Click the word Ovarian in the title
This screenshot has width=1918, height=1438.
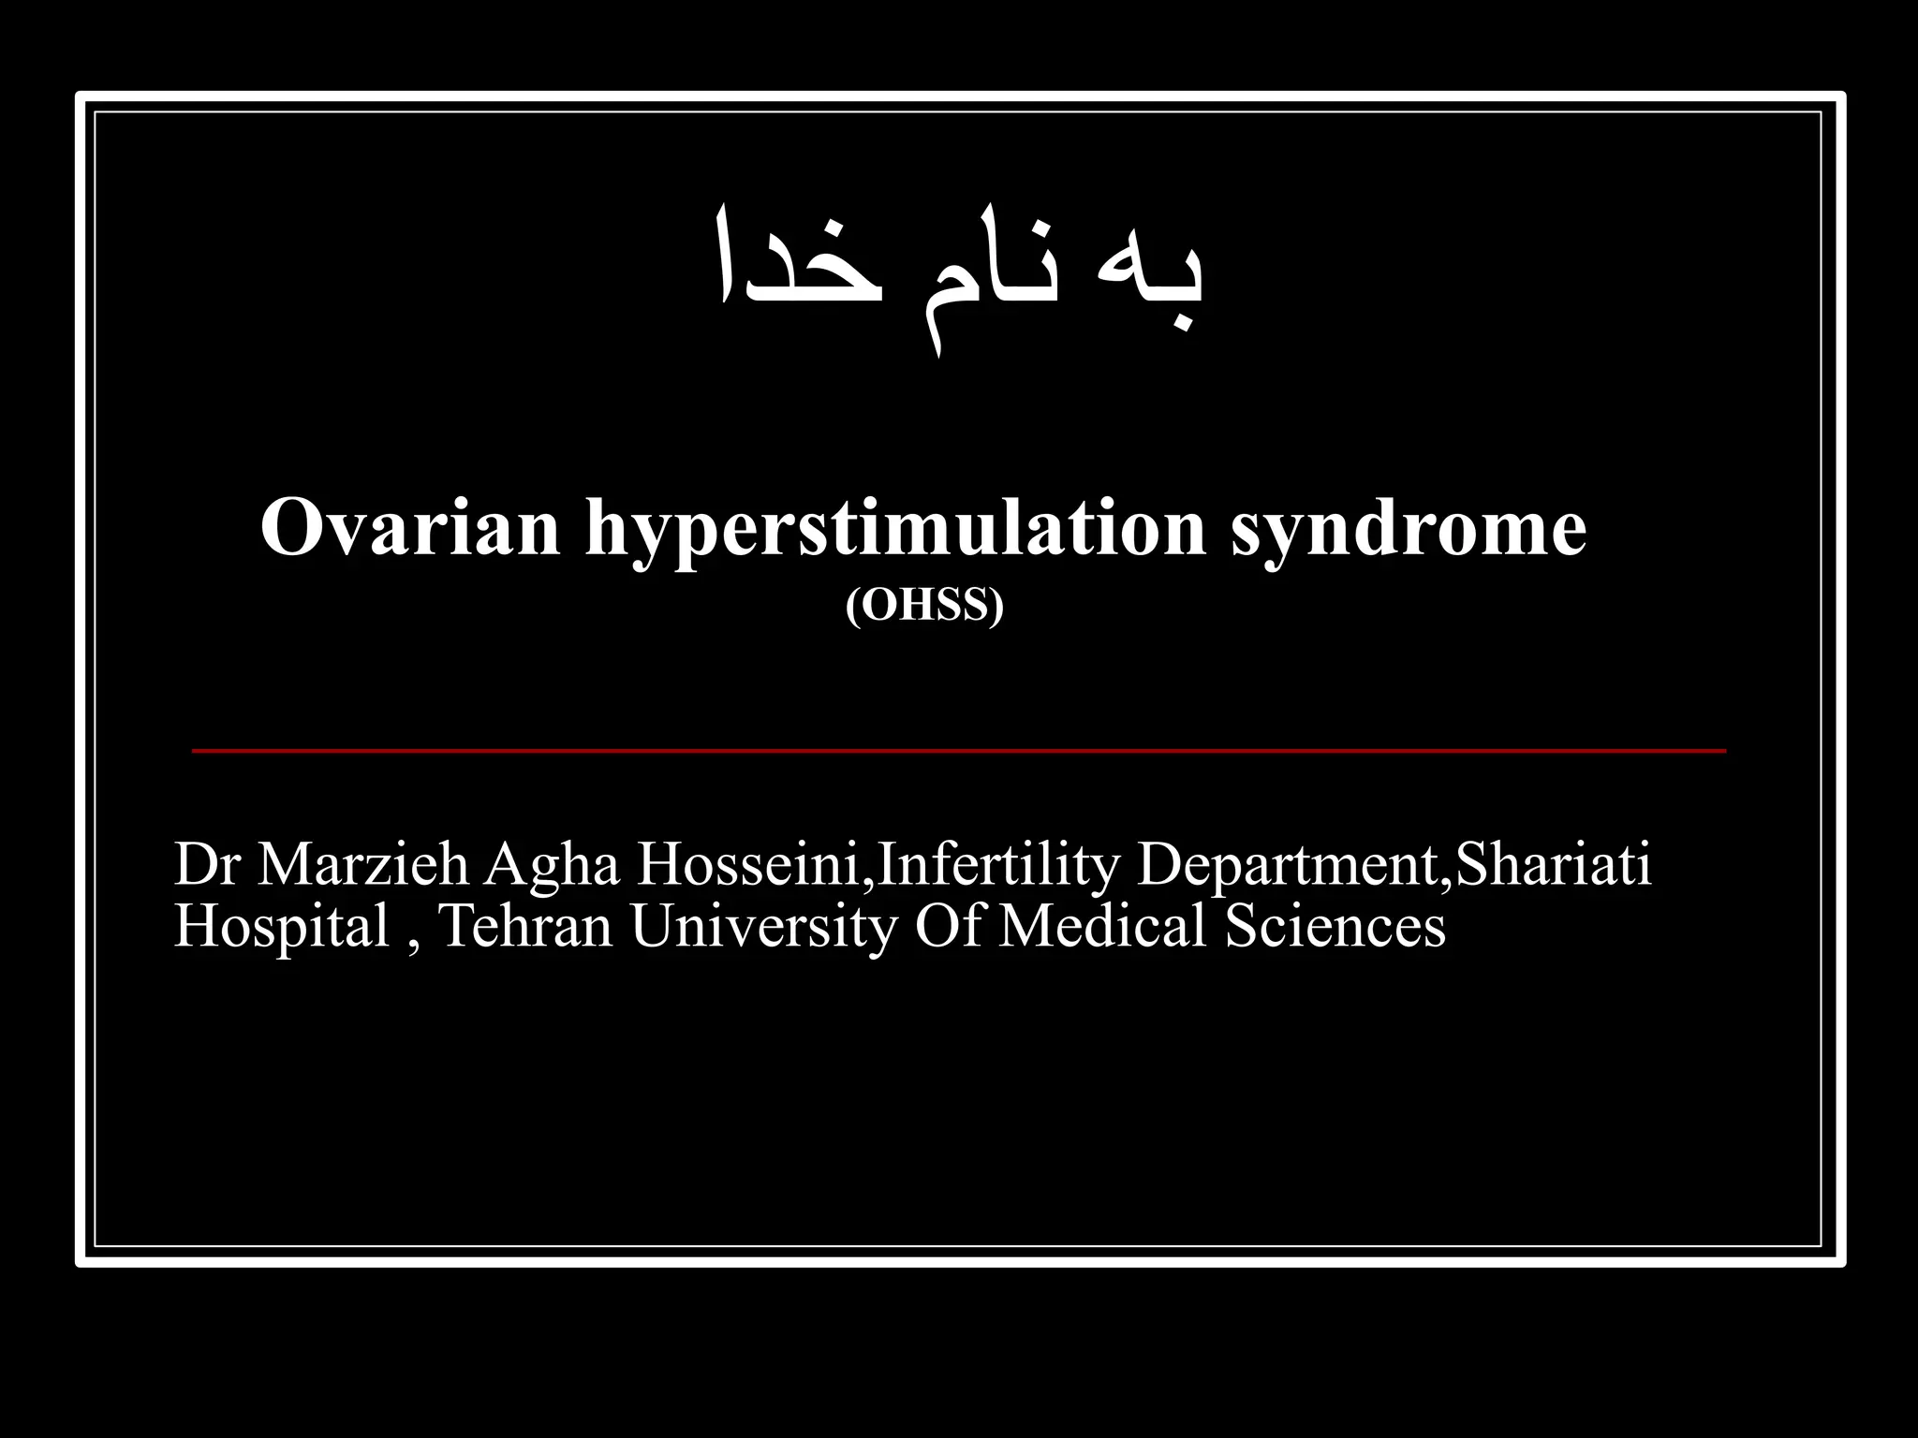[410, 527]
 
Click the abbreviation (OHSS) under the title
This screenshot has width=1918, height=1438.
[924, 606]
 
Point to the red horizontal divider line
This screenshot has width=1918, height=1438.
[958, 751]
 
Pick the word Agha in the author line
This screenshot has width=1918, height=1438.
[552, 865]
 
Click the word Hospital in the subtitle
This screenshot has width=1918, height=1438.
[281, 927]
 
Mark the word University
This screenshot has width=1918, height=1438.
[762, 927]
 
